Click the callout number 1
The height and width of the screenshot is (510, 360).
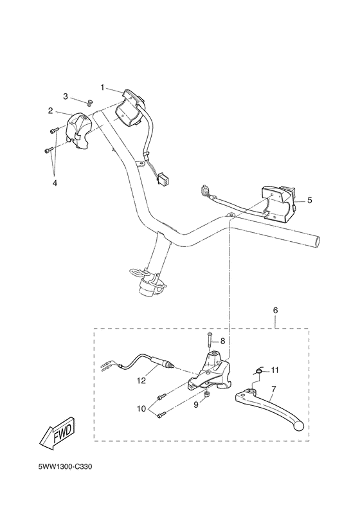point(102,86)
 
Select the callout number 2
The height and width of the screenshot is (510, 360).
point(50,110)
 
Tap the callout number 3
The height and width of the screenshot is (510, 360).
point(65,96)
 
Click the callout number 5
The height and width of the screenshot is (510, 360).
point(309,200)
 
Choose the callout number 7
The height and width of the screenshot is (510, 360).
point(274,389)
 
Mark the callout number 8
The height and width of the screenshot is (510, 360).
point(223,341)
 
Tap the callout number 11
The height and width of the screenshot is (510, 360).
point(274,370)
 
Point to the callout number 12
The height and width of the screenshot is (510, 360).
point(141,380)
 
